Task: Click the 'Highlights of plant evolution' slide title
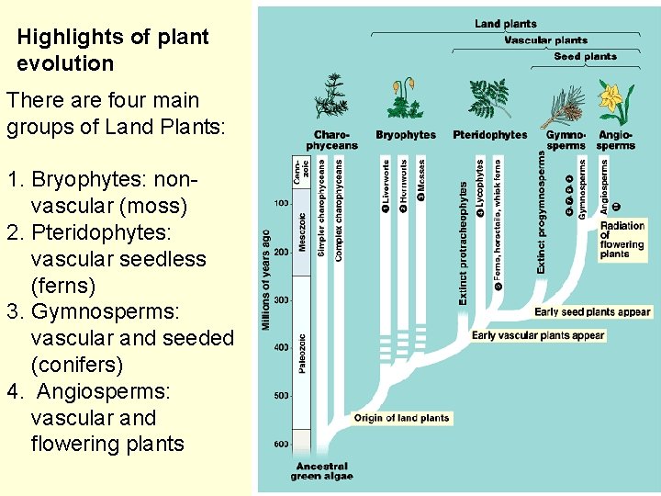coord(112,51)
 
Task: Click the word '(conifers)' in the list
coord(77,365)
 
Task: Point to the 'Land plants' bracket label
coord(506,24)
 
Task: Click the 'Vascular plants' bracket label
coord(545,40)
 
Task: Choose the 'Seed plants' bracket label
coord(586,57)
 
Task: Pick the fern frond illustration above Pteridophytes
coord(488,99)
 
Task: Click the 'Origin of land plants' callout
coord(402,418)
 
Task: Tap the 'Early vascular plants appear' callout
coord(538,335)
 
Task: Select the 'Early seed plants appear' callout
coord(592,312)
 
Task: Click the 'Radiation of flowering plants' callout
coord(622,239)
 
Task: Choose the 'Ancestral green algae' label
coord(321,471)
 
